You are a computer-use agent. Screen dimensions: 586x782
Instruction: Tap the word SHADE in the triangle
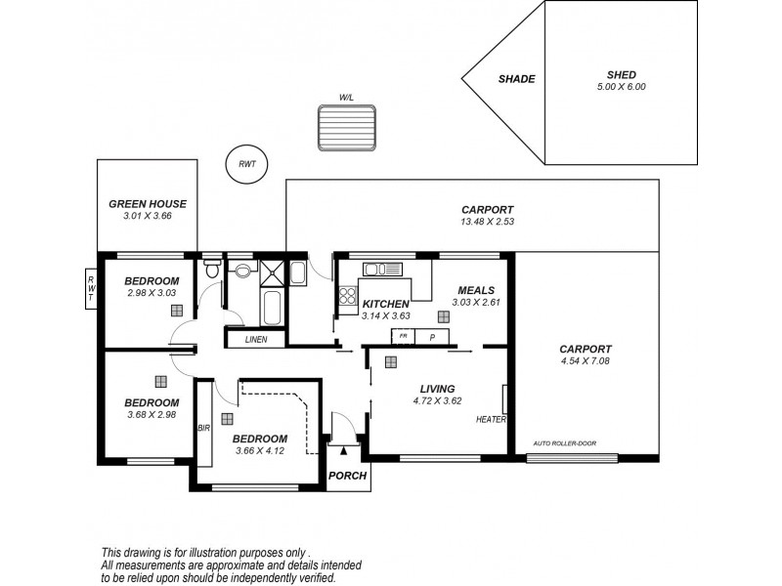click(516, 79)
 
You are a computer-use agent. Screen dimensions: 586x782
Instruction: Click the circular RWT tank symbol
click(246, 164)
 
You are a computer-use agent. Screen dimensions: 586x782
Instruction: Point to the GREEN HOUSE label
click(147, 204)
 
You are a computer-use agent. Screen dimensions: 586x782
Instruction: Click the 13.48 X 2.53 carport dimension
click(487, 222)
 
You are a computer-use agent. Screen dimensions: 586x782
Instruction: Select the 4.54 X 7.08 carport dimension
click(585, 361)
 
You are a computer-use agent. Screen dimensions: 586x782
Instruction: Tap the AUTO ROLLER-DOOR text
click(564, 443)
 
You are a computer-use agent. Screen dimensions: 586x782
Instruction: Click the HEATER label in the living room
click(490, 420)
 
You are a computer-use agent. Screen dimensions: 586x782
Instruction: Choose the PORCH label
click(347, 476)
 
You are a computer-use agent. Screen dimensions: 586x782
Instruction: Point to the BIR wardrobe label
click(203, 428)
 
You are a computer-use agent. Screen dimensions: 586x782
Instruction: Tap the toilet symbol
click(211, 270)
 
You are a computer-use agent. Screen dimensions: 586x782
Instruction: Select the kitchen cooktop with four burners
click(347, 299)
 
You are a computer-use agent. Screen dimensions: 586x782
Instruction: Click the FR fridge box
click(402, 336)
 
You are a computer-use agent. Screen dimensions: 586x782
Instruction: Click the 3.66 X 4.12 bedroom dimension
click(260, 450)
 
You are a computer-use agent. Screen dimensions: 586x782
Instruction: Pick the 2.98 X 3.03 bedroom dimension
click(152, 292)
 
